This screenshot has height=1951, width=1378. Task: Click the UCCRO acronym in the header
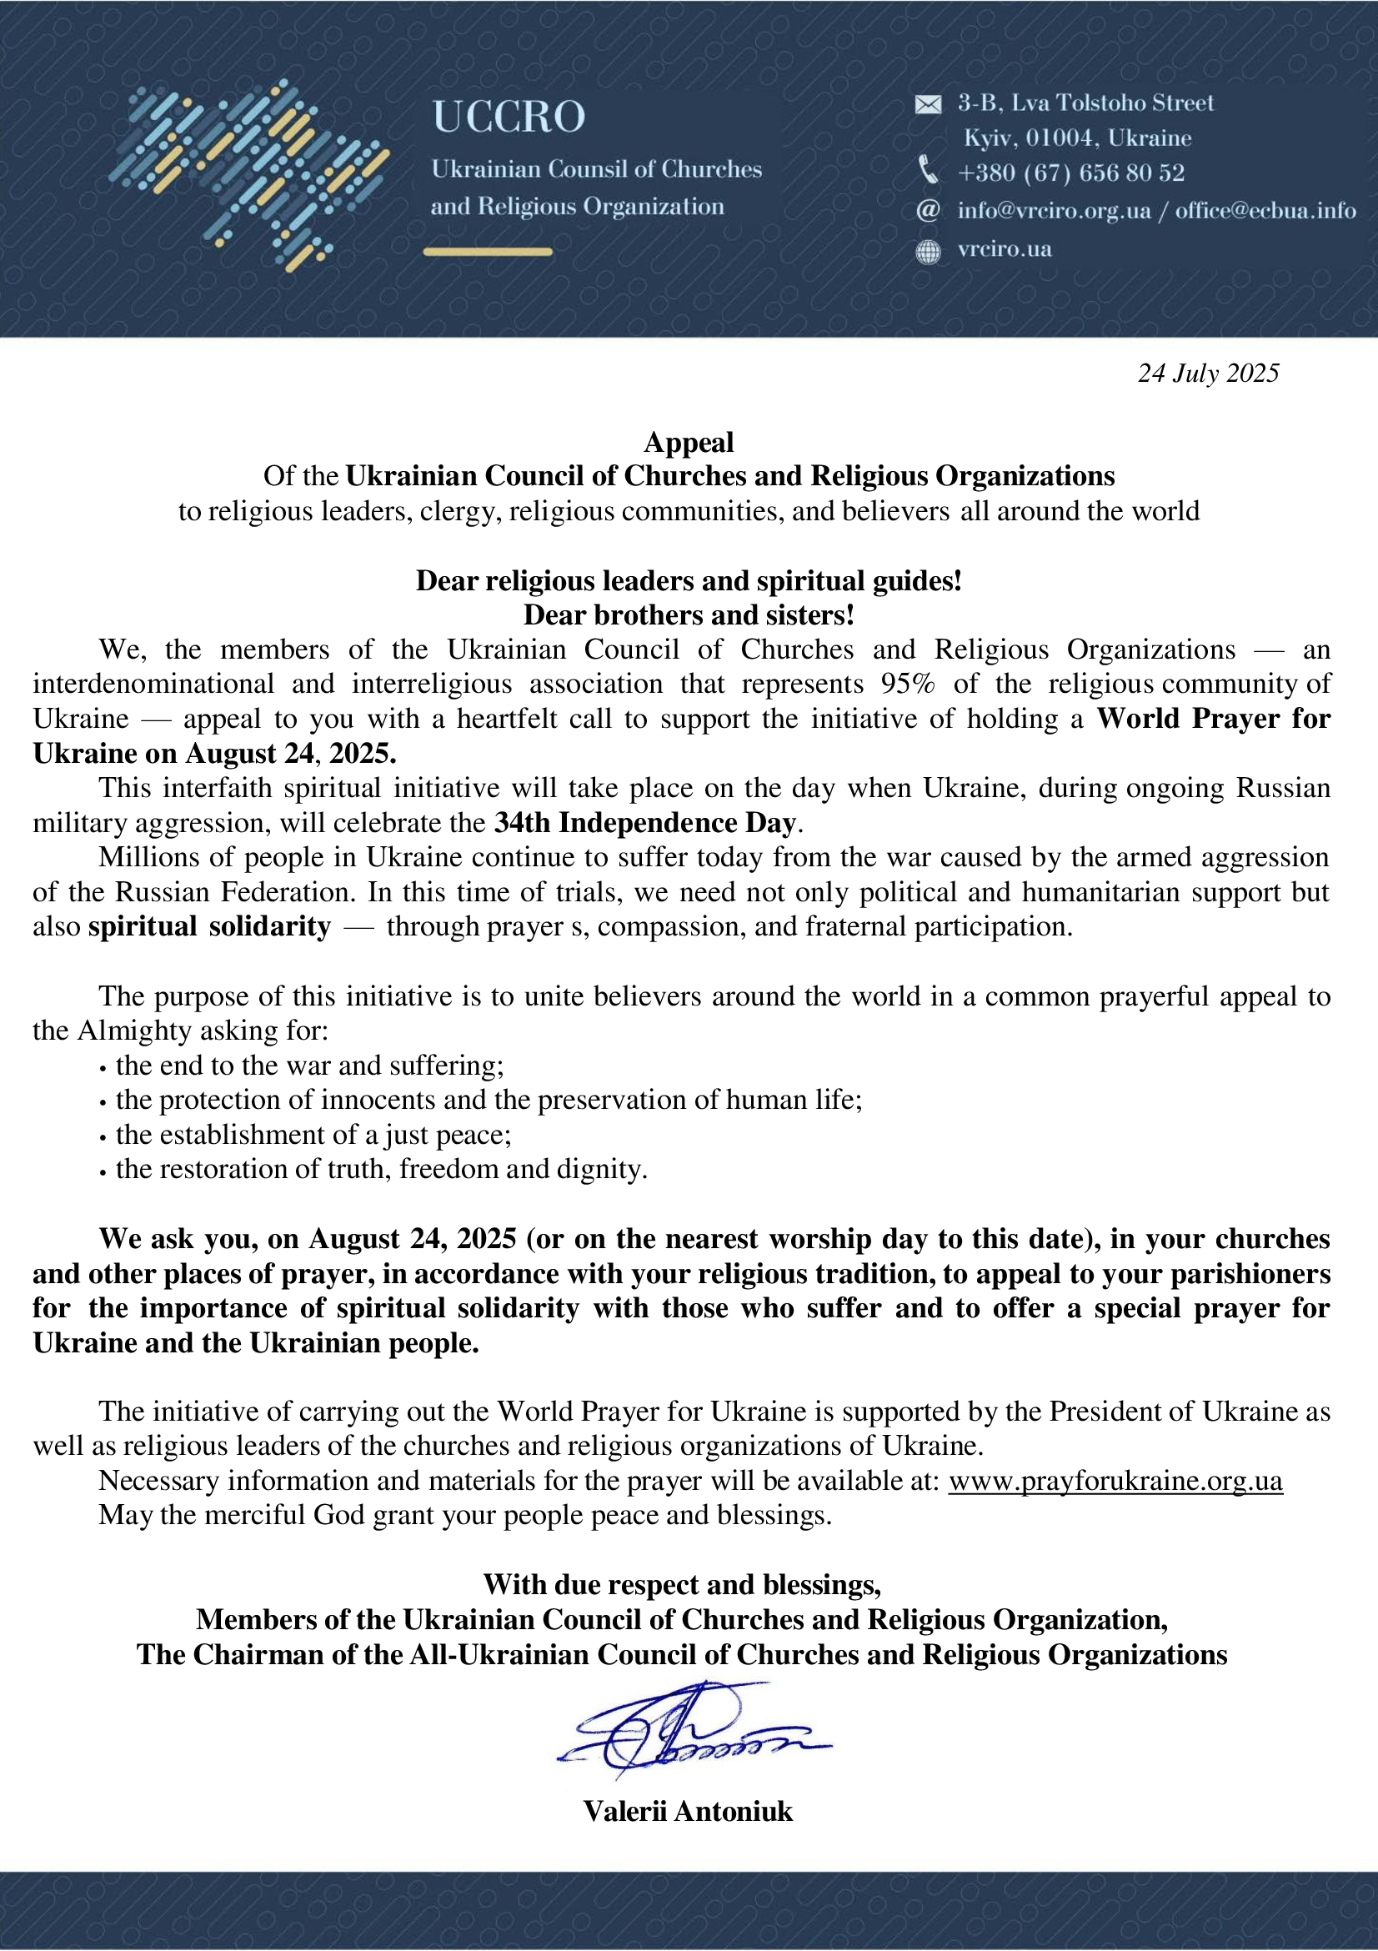point(509,117)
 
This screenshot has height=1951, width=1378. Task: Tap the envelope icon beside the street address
point(928,104)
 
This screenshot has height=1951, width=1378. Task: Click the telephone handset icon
point(928,171)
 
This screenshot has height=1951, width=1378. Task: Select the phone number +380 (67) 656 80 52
point(1070,173)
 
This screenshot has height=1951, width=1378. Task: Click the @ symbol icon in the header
point(928,210)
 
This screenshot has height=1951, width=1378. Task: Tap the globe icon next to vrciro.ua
point(928,252)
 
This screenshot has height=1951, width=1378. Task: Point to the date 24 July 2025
point(1207,374)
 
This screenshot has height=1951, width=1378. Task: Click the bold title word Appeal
point(688,442)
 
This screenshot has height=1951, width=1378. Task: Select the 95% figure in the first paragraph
point(907,684)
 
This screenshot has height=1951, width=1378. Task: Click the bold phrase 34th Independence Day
point(645,823)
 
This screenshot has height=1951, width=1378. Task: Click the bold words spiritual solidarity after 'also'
point(209,926)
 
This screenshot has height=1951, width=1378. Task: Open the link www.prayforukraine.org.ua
point(1115,1480)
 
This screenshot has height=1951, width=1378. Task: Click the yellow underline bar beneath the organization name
point(488,252)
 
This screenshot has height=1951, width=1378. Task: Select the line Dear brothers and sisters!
point(688,614)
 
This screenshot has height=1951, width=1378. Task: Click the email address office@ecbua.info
point(1265,211)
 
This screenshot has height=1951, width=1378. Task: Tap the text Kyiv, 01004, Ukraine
point(1076,138)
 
